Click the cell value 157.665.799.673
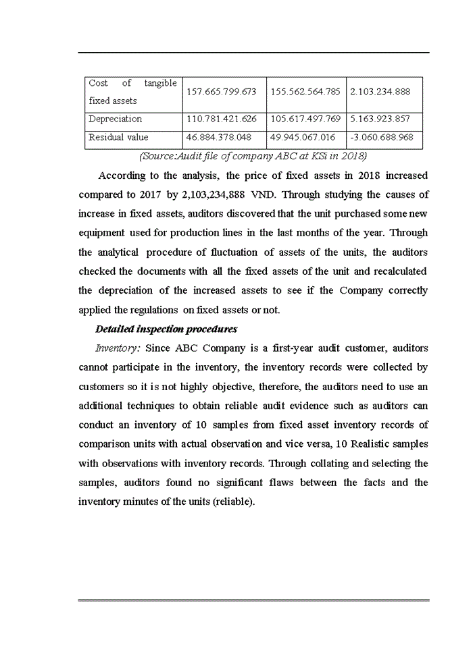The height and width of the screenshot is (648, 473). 221,92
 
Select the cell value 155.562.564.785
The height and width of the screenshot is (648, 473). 305,92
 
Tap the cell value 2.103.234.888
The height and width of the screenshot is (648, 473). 380,92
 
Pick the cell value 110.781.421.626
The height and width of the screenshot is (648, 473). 221,119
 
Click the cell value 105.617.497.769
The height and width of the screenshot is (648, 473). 305,119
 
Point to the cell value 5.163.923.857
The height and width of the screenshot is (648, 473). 380,119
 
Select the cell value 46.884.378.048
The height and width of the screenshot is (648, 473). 218,138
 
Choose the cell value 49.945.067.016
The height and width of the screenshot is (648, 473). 303,138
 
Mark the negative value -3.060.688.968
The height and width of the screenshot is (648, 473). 382,138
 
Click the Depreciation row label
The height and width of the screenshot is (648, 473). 115,119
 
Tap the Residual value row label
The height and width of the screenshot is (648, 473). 118,138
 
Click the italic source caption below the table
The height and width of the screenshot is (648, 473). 253,157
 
